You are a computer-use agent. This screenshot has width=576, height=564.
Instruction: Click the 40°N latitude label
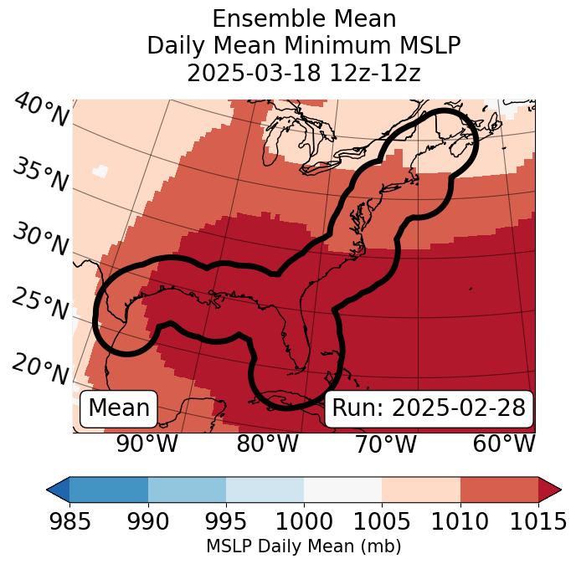(41, 110)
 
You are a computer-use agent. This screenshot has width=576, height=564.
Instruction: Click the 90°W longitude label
(147, 444)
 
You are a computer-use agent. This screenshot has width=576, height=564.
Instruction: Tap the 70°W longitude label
(385, 444)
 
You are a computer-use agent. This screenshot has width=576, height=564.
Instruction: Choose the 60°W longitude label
(504, 444)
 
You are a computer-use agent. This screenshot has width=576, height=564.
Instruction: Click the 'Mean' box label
(119, 408)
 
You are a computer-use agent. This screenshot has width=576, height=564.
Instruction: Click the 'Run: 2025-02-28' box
(429, 408)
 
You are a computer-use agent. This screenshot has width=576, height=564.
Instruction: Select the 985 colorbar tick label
(69, 521)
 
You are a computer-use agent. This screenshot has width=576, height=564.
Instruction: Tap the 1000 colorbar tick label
(304, 521)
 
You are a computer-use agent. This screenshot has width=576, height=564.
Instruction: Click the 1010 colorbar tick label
(460, 521)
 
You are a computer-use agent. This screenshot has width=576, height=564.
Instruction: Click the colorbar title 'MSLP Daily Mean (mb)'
(303, 547)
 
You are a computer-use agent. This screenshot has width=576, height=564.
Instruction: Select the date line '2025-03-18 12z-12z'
(303, 73)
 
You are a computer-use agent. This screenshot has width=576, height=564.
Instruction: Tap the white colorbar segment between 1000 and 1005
(342, 489)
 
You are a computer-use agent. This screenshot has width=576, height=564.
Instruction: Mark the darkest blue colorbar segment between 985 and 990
(109, 489)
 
